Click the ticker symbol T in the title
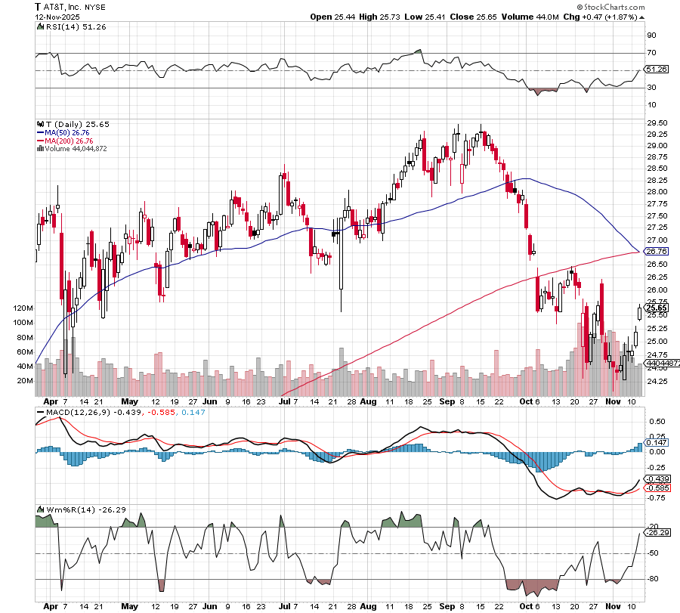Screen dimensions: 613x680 tap(38, 5)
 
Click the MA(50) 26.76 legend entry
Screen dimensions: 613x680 tap(68, 132)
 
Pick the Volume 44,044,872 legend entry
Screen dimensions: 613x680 tap(76, 148)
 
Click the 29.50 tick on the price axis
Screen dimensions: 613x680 tap(657, 122)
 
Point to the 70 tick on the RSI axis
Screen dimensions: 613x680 tap(651, 53)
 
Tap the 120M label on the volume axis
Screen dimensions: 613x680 tap(24, 308)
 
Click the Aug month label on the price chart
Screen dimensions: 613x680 tap(368, 403)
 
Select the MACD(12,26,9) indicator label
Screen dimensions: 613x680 tap(75, 412)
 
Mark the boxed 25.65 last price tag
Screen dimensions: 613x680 tap(657, 308)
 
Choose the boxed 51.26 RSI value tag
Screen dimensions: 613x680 tap(657, 70)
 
